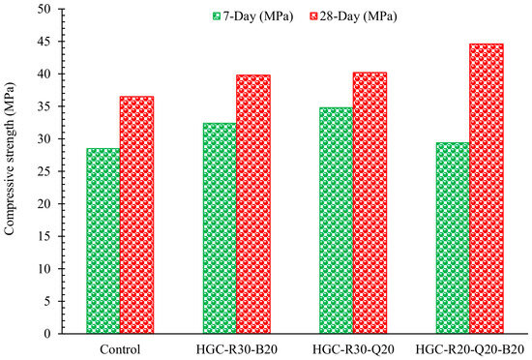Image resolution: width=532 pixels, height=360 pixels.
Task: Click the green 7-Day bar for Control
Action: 103,241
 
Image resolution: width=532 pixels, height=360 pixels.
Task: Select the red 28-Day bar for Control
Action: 136,215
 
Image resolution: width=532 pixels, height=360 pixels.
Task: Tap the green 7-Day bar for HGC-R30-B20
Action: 220,228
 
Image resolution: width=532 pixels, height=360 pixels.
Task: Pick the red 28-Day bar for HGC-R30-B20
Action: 253,204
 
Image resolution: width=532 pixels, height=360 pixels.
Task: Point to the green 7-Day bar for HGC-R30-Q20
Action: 337,221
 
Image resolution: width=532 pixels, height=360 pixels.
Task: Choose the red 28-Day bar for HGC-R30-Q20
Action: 369,203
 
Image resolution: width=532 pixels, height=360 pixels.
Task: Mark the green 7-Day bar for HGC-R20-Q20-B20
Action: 453,238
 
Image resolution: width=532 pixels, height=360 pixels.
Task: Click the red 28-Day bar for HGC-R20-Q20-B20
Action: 487,189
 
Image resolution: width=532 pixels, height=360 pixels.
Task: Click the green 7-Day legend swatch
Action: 217,16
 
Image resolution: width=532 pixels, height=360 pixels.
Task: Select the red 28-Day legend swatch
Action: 313,16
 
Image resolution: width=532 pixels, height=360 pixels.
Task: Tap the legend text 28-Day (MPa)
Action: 358,16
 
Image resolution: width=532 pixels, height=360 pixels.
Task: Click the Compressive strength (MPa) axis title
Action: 9,159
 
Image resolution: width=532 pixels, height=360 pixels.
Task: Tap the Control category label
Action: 120,349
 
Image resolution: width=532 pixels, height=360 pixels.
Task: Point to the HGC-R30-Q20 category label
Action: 353,349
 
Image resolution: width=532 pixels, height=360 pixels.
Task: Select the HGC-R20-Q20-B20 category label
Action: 470,349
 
